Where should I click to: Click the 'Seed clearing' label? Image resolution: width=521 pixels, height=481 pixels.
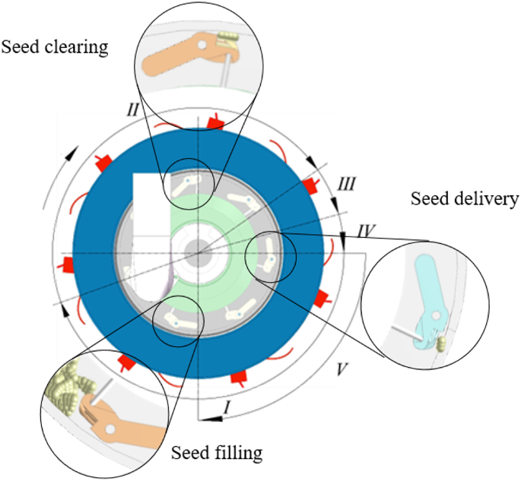[55, 47]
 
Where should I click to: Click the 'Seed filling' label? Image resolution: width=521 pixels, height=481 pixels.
[217, 454]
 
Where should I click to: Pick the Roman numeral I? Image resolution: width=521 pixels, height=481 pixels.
[225, 408]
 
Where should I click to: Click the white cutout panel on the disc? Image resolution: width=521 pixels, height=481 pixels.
[151, 228]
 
